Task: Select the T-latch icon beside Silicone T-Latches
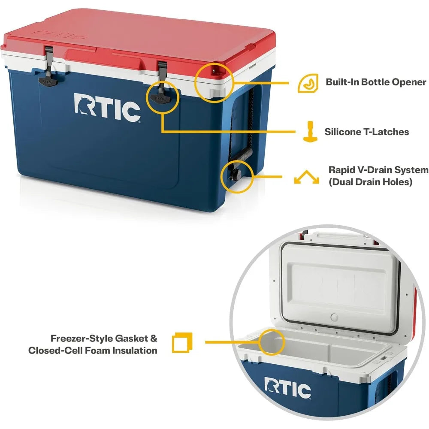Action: tap(308, 131)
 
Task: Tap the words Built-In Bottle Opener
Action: tap(376, 82)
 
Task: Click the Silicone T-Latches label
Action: tap(367, 132)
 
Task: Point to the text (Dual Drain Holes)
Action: tap(370, 182)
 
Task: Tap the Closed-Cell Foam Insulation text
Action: tap(93, 350)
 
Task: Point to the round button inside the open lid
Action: tap(335, 318)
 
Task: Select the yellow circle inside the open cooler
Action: tap(272, 342)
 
